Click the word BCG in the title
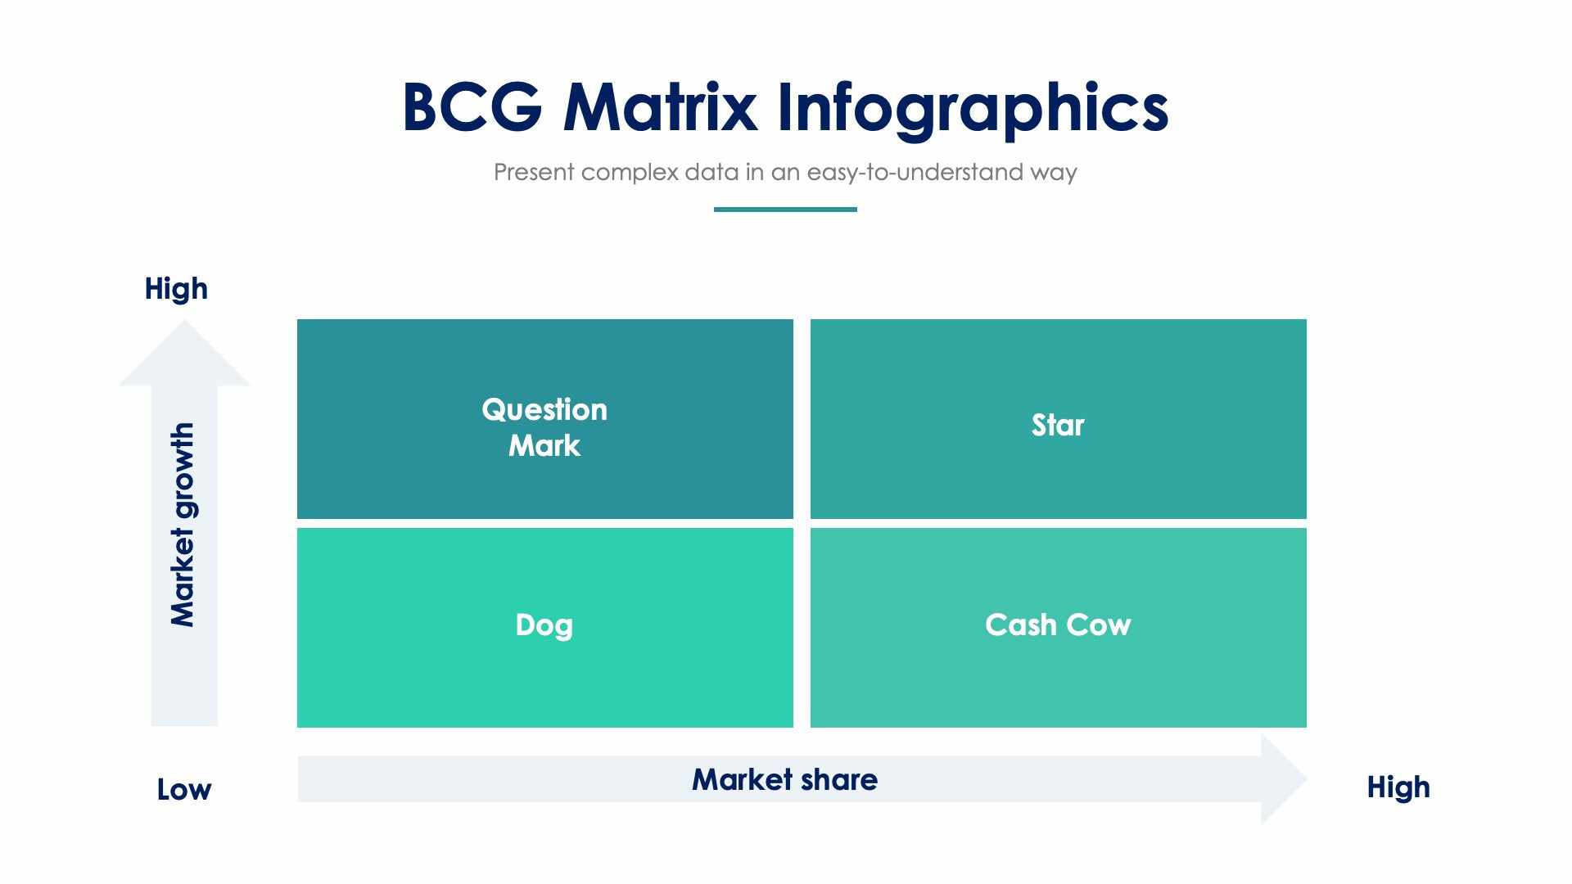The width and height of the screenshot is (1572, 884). point(472,107)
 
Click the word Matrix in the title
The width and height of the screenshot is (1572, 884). point(659,107)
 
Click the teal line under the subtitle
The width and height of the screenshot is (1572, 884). point(785,210)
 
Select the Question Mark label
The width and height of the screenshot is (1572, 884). point(544,427)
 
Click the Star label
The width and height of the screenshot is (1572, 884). point(1058,426)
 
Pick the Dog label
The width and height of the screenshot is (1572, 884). point(544,625)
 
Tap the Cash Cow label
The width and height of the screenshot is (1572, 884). point(1058,625)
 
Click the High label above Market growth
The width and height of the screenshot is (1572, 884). point(176,289)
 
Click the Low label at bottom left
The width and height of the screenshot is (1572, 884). point(184,790)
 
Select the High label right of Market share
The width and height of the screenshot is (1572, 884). point(1398,787)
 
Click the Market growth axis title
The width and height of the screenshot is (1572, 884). point(183,525)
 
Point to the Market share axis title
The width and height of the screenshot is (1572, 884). point(784,779)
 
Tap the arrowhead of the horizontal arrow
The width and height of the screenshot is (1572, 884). point(1281,779)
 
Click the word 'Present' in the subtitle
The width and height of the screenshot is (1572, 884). point(534,173)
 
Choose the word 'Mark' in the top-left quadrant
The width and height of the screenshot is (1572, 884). point(544,446)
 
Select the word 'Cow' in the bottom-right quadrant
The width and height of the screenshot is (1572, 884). point(1099,625)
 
